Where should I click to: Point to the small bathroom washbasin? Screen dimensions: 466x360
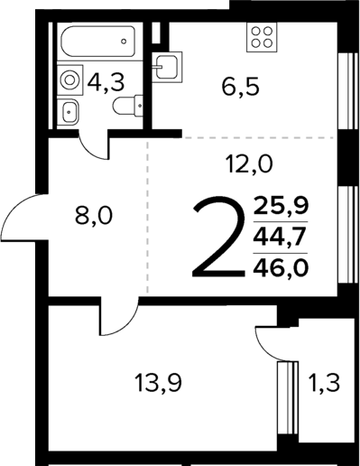pos(70,113)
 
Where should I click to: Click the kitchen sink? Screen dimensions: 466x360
pos(165,65)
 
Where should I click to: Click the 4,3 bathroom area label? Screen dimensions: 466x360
pos(106,83)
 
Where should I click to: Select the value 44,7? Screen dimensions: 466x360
pos(281,236)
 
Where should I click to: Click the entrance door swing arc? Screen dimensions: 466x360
pos(20,217)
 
